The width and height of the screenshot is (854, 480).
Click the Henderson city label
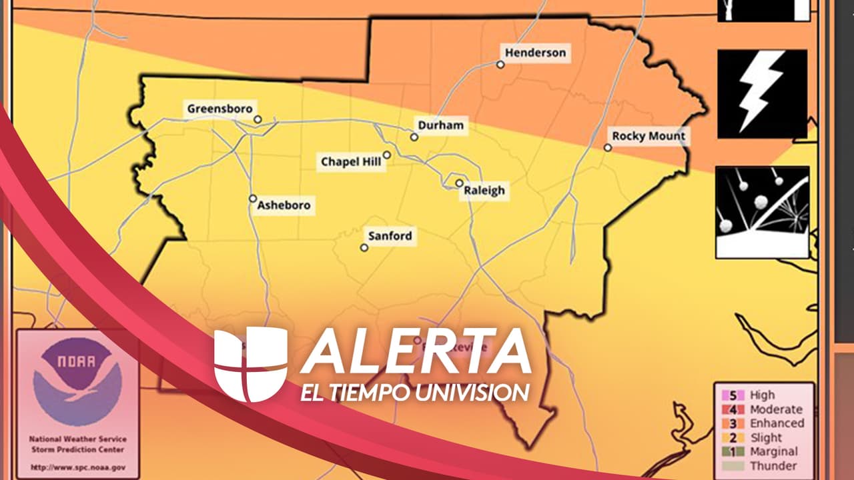(535, 53)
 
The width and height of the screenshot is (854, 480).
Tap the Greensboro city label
(220, 109)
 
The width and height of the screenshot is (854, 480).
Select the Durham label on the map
(440, 125)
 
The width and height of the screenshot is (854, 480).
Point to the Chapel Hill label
(351, 161)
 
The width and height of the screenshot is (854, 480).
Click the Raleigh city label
(484, 191)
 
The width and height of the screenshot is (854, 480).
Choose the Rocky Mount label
(649, 136)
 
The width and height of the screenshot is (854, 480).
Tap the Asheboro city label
(284, 205)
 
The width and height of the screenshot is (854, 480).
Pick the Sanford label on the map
(390, 236)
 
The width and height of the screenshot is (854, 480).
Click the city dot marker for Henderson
(500, 65)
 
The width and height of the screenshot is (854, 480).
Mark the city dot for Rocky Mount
(608, 147)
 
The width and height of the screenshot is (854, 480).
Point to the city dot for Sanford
(364, 247)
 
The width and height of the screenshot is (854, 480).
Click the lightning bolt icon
(762, 93)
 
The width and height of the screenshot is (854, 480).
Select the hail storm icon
(762, 212)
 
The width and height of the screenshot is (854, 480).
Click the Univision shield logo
(251, 364)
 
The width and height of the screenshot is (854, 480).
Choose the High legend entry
(762, 395)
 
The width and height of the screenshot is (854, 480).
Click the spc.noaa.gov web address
(78, 467)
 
